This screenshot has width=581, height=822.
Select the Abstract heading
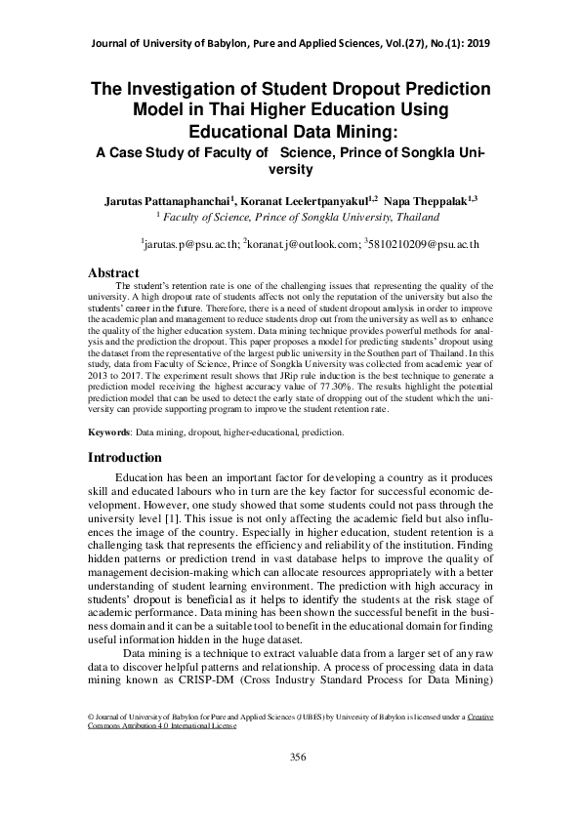(x=114, y=272)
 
